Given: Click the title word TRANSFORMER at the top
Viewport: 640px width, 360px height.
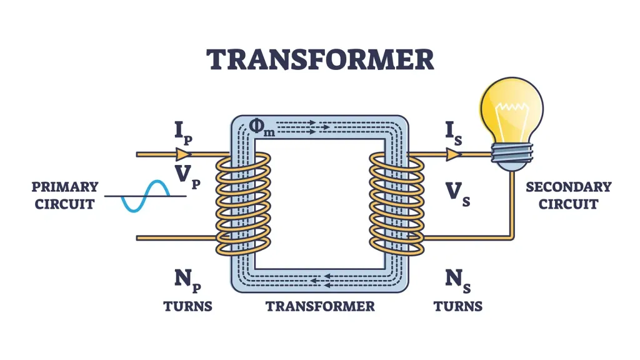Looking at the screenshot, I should [x=320, y=60].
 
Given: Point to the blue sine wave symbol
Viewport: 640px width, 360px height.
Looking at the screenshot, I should [x=146, y=196].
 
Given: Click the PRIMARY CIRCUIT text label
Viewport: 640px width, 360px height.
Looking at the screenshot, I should [x=65, y=195].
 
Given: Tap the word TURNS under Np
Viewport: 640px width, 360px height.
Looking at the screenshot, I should [x=187, y=306].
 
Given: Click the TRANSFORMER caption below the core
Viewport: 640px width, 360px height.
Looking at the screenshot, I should [x=320, y=306].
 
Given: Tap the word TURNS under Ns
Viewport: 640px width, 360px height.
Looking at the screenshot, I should [x=458, y=306].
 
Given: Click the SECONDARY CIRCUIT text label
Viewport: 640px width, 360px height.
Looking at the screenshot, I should [x=568, y=195].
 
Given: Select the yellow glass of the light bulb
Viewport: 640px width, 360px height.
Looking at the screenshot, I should [x=511, y=109].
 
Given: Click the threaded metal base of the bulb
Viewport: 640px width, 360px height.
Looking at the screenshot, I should [x=511, y=154].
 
